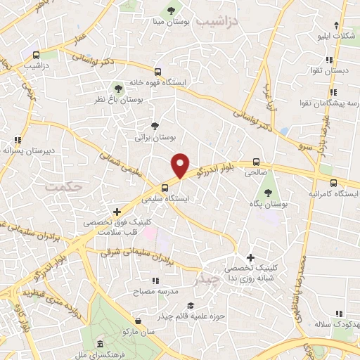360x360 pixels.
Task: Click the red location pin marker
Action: (x=181, y=165)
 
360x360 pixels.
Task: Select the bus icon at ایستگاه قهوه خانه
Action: (x=159, y=72)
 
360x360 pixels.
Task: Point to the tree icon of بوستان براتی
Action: (x=155, y=126)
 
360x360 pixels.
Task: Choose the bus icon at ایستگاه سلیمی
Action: (x=164, y=188)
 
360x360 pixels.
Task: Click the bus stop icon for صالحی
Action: (x=257, y=160)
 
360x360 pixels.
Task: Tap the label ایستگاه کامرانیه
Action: (x=333, y=193)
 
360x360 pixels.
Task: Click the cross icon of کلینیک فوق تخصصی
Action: (x=117, y=212)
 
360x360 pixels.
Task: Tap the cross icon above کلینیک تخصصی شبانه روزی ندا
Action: (x=250, y=258)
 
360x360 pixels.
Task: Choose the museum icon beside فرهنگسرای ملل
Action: (x=101, y=345)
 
